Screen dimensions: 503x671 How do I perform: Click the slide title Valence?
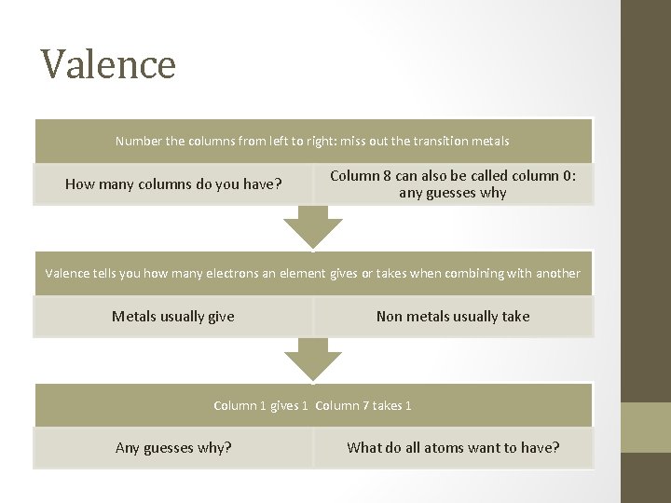(x=108, y=64)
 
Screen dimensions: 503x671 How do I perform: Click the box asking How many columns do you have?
(x=173, y=184)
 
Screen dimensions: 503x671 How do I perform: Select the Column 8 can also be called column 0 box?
(x=453, y=184)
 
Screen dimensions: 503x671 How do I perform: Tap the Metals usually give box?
(x=173, y=316)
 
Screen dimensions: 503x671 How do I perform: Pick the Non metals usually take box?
(x=453, y=316)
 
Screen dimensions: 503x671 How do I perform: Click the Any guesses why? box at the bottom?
(x=173, y=447)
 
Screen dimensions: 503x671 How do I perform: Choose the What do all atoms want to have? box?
(x=453, y=447)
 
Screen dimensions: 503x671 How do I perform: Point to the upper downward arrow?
(x=313, y=226)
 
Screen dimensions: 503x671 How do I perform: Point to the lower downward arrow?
(x=313, y=359)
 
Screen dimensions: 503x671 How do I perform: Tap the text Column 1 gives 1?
(x=261, y=405)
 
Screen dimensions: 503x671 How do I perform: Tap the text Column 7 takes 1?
(x=363, y=405)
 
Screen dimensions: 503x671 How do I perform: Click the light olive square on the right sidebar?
(x=646, y=427)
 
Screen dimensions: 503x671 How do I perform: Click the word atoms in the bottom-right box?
(x=444, y=447)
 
